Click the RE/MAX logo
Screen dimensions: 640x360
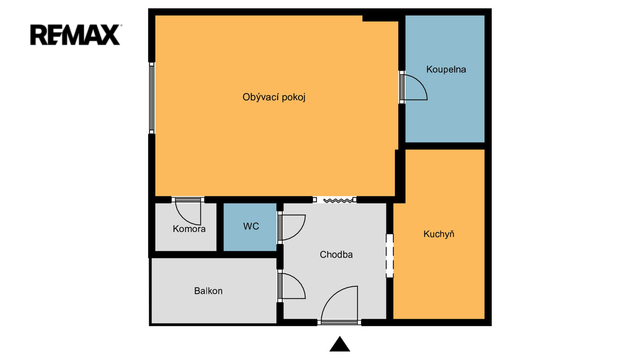[x=76, y=35]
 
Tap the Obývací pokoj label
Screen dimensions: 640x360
[x=274, y=98]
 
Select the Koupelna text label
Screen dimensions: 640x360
[x=446, y=69]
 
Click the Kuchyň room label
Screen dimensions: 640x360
[x=439, y=234]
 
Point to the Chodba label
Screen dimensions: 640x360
[x=336, y=255]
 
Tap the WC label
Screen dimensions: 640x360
[x=251, y=226]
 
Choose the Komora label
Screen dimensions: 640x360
[x=189, y=229]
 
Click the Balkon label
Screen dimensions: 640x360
[x=208, y=291]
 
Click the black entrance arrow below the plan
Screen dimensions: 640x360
[x=340, y=344]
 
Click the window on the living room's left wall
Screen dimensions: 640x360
[x=152, y=98]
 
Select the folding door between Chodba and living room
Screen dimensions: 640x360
[x=335, y=200]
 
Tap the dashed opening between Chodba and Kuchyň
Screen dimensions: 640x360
[x=390, y=256]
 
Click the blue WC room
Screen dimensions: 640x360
[x=250, y=227]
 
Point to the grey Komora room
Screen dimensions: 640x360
[x=186, y=227]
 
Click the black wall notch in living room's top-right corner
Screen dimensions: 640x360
[x=380, y=18]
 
